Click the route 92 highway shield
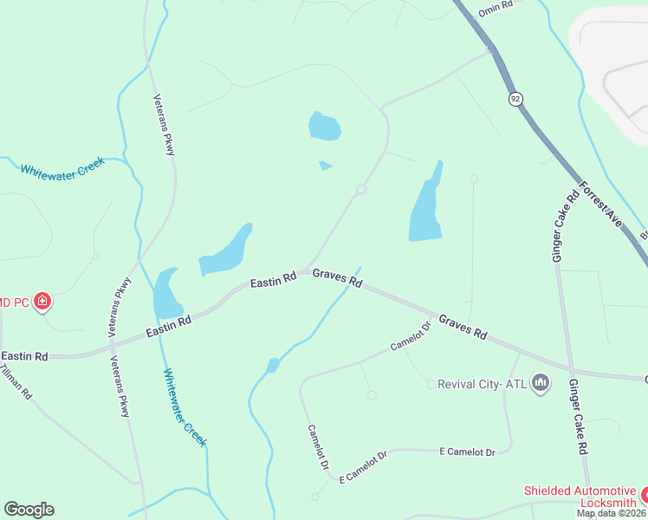(x=516, y=99)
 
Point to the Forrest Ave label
(x=601, y=205)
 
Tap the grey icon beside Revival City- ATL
(x=541, y=382)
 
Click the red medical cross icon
(x=42, y=302)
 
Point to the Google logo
(x=29, y=510)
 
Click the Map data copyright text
(x=611, y=513)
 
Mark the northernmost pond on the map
(x=324, y=127)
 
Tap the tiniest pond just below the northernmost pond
(x=325, y=166)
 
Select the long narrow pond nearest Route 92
(x=426, y=207)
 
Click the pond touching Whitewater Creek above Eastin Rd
(x=166, y=295)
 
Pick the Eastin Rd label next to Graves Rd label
(x=274, y=280)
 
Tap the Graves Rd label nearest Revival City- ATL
(x=463, y=327)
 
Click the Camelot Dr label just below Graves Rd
(x=411, y=337)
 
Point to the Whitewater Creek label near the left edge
(x=62, y=167)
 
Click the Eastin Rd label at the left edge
(x=24, y=356)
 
